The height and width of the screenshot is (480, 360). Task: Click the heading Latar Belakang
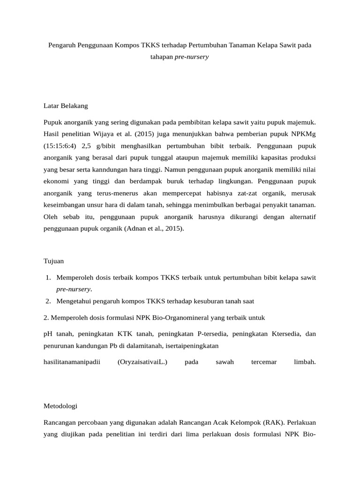[x=66, y=106]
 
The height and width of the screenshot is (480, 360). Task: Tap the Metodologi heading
[x=60, y=405]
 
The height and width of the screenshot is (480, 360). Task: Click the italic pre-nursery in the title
[x=192, y=57]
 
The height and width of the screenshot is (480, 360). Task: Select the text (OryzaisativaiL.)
[x=142, y=362]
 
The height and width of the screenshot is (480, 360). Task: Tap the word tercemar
[x=264, y=362]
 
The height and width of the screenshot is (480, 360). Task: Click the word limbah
[x=304, y=362]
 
